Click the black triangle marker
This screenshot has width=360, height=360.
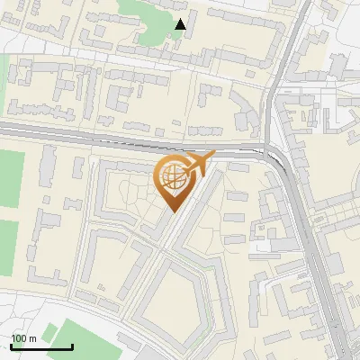coord(181,24)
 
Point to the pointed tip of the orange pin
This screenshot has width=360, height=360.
coord(172,212)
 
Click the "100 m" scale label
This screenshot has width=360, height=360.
coord(22,338)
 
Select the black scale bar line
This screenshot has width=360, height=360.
coord(41,346)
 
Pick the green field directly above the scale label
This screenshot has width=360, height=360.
coord(7,247)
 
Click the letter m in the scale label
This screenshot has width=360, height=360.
coord(31,338)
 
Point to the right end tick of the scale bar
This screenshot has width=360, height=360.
coord(72,345)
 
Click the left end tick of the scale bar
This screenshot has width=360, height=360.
coord(11,345)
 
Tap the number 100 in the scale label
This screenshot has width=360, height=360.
coord(19,338)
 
